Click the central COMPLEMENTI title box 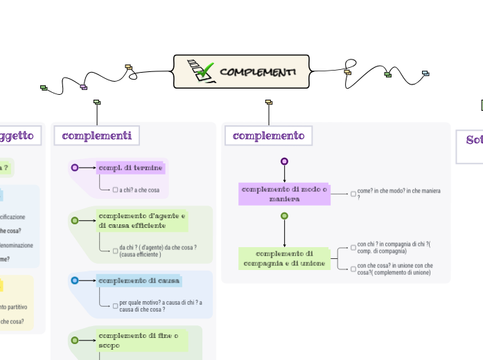241,72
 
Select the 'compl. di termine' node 130,168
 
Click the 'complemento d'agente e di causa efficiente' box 142,220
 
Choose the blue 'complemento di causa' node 139,280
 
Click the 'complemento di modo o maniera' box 284,194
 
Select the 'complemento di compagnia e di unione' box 284,258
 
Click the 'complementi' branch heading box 97,136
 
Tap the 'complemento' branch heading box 268,136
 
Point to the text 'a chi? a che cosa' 139,190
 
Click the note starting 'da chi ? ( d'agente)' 157,251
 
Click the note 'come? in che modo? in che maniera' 398,193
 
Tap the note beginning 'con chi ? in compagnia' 394,248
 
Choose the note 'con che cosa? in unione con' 395,269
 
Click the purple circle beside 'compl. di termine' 75,168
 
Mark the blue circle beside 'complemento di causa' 75,280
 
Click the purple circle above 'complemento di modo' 284,161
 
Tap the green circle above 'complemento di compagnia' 284,216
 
